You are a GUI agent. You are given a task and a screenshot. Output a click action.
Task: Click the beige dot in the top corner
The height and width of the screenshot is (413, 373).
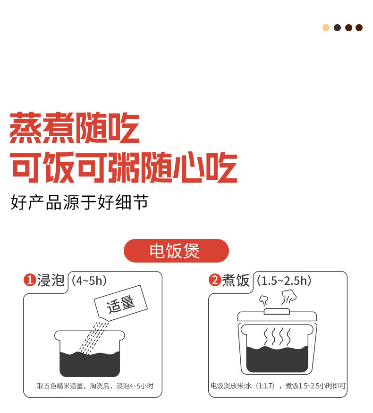[x=326, y=27]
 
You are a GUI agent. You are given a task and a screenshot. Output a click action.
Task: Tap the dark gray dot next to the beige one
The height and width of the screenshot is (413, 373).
[x=337, y=27]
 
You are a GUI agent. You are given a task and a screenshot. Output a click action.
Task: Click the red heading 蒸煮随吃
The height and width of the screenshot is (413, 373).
[x=75, y=128]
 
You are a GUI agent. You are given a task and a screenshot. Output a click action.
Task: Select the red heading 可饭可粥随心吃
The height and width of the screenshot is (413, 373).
[x=124, y=167]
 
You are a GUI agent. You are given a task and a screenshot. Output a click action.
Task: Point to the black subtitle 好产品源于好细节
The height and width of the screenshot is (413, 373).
[x=80, y=202]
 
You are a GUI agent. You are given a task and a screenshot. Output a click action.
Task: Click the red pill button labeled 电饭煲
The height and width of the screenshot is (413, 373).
[x=176, y=251]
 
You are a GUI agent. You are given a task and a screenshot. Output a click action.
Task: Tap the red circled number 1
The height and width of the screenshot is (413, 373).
[x=30, y=280]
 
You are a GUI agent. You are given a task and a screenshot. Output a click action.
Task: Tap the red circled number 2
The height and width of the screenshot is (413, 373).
[x=215, y=280]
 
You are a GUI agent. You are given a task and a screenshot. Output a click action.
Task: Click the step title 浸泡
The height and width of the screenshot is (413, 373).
[x=51, y=280]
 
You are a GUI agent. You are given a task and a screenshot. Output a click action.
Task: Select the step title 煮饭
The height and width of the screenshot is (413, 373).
[x=236, y=280]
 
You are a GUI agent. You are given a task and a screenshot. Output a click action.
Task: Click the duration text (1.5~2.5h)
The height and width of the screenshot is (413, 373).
[x=284, y=281]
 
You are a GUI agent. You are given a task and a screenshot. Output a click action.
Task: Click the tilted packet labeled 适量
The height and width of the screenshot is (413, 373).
[x=121, y=303]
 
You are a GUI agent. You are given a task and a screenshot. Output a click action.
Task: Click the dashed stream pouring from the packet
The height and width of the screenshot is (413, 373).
[x=93, y=338]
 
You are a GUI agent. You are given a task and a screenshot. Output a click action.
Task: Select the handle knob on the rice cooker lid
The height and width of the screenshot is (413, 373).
[x=277, y=312]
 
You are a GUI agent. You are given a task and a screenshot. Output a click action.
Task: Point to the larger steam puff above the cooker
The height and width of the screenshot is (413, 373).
[x=289, y=297]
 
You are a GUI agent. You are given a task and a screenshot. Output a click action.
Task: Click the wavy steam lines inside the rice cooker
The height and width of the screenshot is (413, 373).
[x=277, y=337]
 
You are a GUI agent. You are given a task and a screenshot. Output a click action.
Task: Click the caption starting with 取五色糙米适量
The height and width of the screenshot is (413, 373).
[x=95, y=386]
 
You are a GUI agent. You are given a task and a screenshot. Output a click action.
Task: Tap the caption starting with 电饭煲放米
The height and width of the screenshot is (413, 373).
[x=278, y=386]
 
